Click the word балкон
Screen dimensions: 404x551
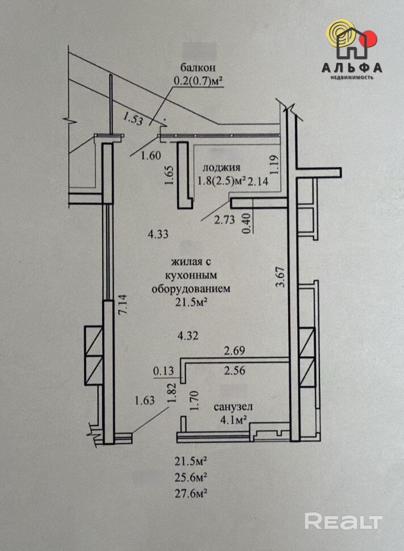197,67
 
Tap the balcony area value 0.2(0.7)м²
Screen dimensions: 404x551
199,81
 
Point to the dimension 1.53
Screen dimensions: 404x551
133,118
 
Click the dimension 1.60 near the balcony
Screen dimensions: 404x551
150,155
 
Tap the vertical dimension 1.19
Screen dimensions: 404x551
275,165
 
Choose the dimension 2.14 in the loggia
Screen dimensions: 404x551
258,181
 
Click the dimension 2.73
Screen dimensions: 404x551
225,220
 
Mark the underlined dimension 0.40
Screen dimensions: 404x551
248,224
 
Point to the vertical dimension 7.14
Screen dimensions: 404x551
124,304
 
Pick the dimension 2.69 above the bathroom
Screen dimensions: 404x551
234,350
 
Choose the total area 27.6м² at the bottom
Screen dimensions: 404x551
190,494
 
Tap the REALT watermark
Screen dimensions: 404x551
343,521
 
